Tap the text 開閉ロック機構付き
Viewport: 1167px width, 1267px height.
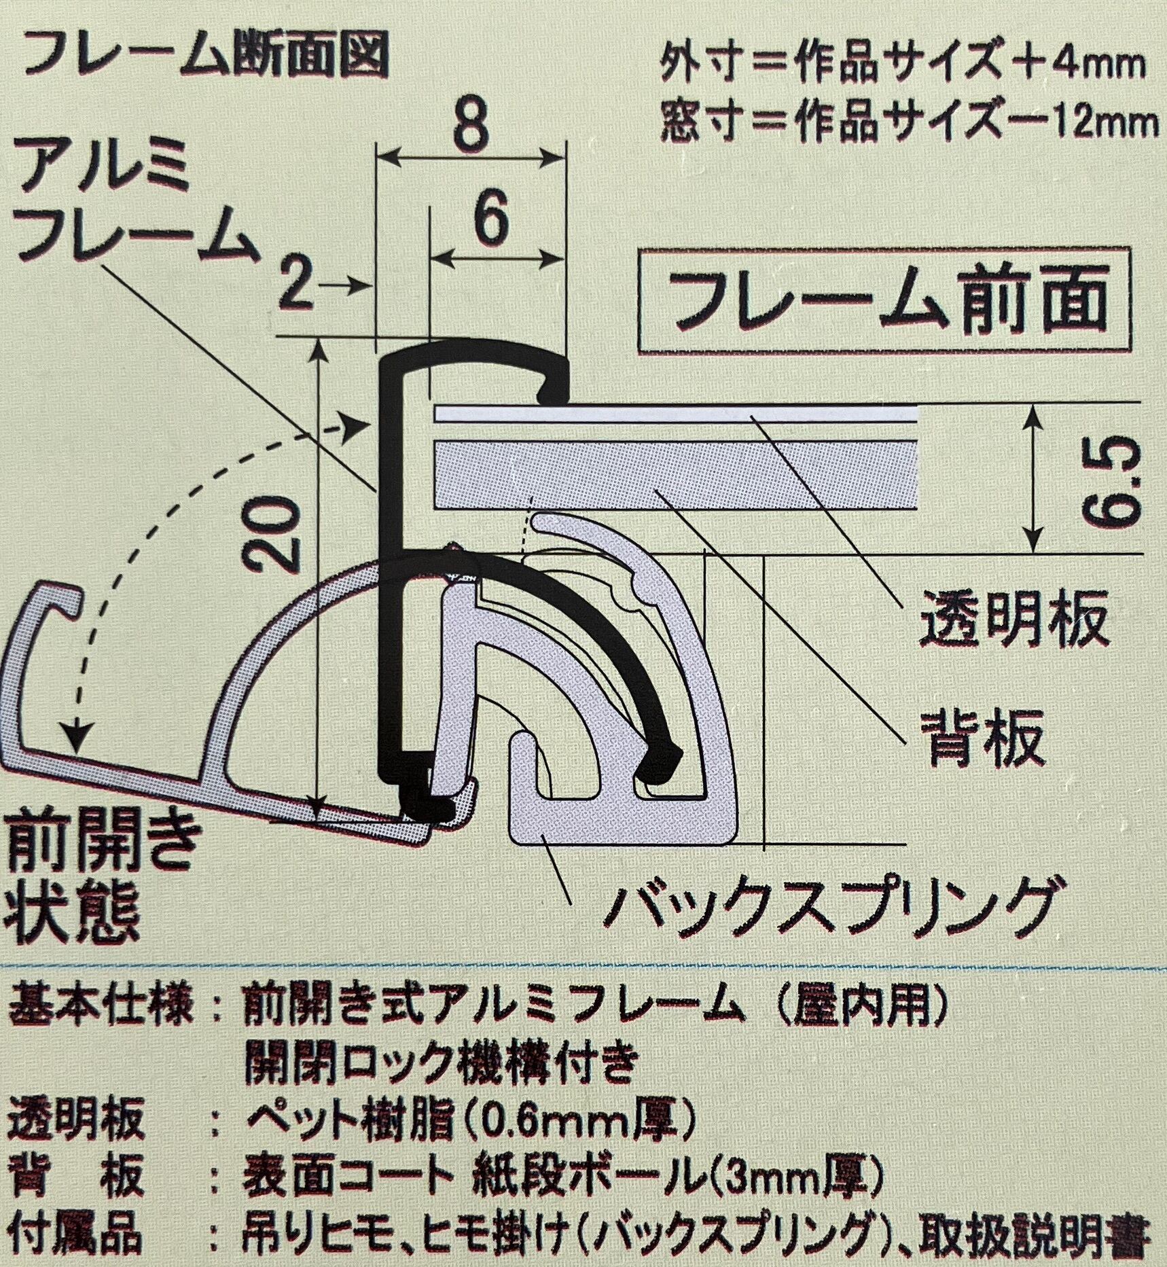click(441, 1065)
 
